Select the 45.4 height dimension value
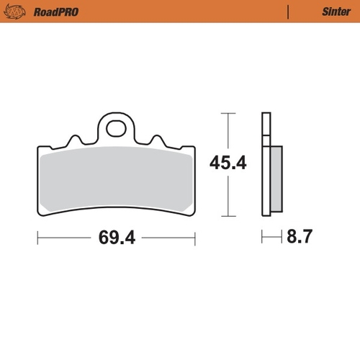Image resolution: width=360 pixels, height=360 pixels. [228, 164]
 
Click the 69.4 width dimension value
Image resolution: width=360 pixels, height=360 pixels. [114, 236]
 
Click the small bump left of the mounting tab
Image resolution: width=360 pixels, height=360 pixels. [74, 139]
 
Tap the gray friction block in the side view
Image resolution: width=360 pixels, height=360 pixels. [277, 180]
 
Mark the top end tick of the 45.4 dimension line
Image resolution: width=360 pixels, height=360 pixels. [228, 113]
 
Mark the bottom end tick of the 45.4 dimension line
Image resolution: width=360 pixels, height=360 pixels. [228, 217]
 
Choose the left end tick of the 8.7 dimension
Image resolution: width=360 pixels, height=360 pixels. [262, 236]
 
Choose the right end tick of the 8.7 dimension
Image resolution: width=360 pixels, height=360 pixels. [282, 236]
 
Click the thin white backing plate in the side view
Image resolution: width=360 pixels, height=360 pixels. [266, 166]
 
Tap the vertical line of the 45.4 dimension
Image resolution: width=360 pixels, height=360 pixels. [228, 194]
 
